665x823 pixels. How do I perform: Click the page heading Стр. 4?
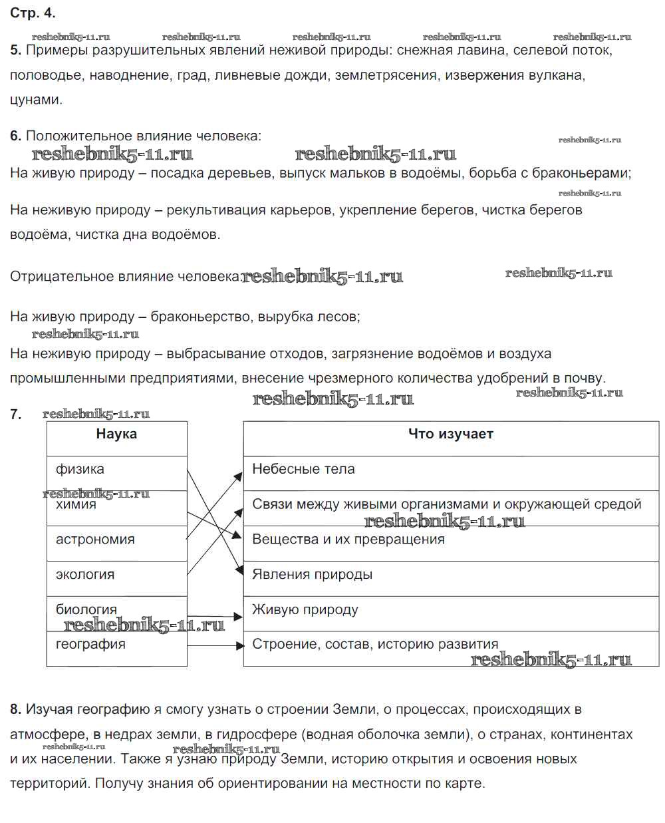tap(33, 13)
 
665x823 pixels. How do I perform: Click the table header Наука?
tap(116, 434)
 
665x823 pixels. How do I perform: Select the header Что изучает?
tap(450, 434)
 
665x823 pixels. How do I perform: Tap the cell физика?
tap(80, 469)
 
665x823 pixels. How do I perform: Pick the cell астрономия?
tap(95, 540)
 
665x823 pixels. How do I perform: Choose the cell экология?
tap(85, 574)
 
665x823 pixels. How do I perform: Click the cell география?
tap(90, 644)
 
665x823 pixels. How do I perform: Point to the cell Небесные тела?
tap(303, 469)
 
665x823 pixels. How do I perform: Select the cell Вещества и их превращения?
tap(348, 540)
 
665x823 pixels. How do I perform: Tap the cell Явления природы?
tap(312, 574)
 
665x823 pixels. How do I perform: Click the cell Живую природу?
tap(305, 609)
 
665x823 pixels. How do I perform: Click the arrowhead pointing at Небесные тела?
tap(239, 475)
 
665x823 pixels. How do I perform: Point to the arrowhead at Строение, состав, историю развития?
tap(240, 645)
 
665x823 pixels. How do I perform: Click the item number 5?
tap(15, 50)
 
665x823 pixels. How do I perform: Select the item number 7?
tap(15, 414)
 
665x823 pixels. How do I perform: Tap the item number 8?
tap(15, 709)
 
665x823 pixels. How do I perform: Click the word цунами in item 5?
tap(35, 100)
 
